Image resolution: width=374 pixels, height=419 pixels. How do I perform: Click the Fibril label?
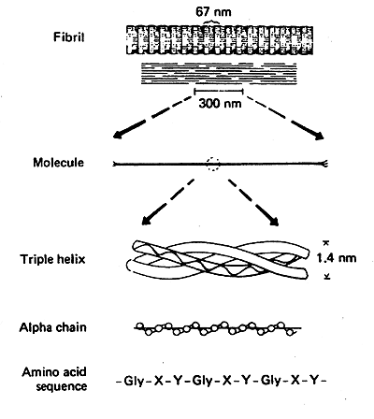[x=69, y=37]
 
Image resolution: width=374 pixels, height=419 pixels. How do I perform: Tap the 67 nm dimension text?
[x=213, y=12]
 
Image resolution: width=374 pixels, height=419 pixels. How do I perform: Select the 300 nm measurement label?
[x=220, y=103]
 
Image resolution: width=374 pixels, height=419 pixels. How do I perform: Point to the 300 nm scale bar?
[x=219, y=92]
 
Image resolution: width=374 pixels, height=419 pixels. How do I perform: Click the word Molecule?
[x=58, y=163]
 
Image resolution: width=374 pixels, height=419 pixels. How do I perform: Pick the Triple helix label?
[x=52, y=259]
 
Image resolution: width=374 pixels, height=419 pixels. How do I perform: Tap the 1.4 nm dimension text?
[x=337, y=258]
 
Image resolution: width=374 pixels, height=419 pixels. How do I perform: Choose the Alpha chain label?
[x=52, y=327]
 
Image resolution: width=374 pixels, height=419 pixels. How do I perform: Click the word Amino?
[x=39, y=372]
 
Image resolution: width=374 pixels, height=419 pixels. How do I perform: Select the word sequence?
[x=62, y=386]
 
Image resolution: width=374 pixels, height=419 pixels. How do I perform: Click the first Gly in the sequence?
[x=134, y=381]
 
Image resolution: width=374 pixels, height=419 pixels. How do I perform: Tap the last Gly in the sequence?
[x=271, y=381]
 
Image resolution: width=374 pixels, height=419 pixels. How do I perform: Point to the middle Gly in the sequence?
[x=203, y=381]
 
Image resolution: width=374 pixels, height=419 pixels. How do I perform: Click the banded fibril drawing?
[x=220, y=40]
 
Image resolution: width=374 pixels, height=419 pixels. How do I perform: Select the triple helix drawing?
[x=218, y=258]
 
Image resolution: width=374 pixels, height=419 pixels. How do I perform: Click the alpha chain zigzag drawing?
[x=218, y=328]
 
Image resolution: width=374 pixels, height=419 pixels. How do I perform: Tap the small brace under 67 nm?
[x=211, y=21]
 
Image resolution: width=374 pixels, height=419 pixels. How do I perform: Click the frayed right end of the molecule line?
[x=324, y=164]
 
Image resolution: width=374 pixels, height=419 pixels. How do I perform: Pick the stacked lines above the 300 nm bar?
[x=219, y=73]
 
